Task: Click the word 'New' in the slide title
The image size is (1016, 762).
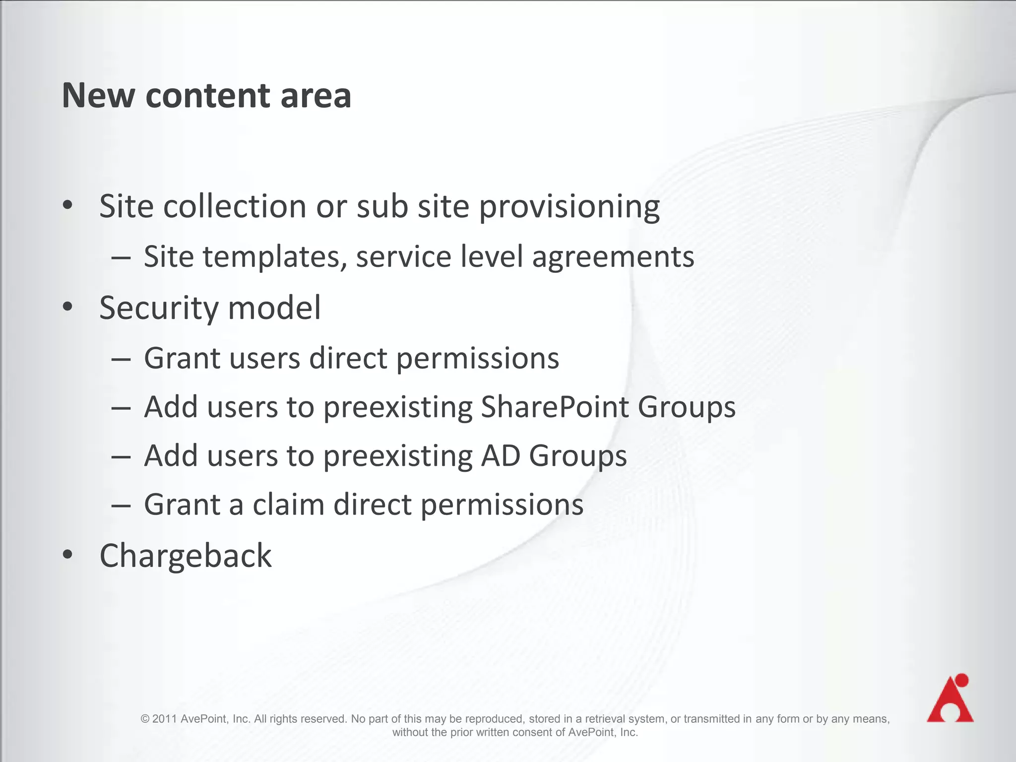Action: (x=98, y=95)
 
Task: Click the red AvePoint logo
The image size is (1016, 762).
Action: (x=950, y=699)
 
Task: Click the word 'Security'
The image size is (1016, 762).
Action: (x=159, y=308)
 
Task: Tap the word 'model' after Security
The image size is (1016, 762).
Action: (x=274, y=308)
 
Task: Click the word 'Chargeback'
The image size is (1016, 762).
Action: (x=186, y=556)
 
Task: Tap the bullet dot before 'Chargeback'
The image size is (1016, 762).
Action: (x=68, y=554)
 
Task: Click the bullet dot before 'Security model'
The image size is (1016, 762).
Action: (x=68, y=307)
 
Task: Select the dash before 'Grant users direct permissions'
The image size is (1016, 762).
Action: (x=121, y=358)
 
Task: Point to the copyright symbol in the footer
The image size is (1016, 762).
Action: (x=145, y=719)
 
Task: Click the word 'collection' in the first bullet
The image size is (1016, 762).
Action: (x=235, y=206)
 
